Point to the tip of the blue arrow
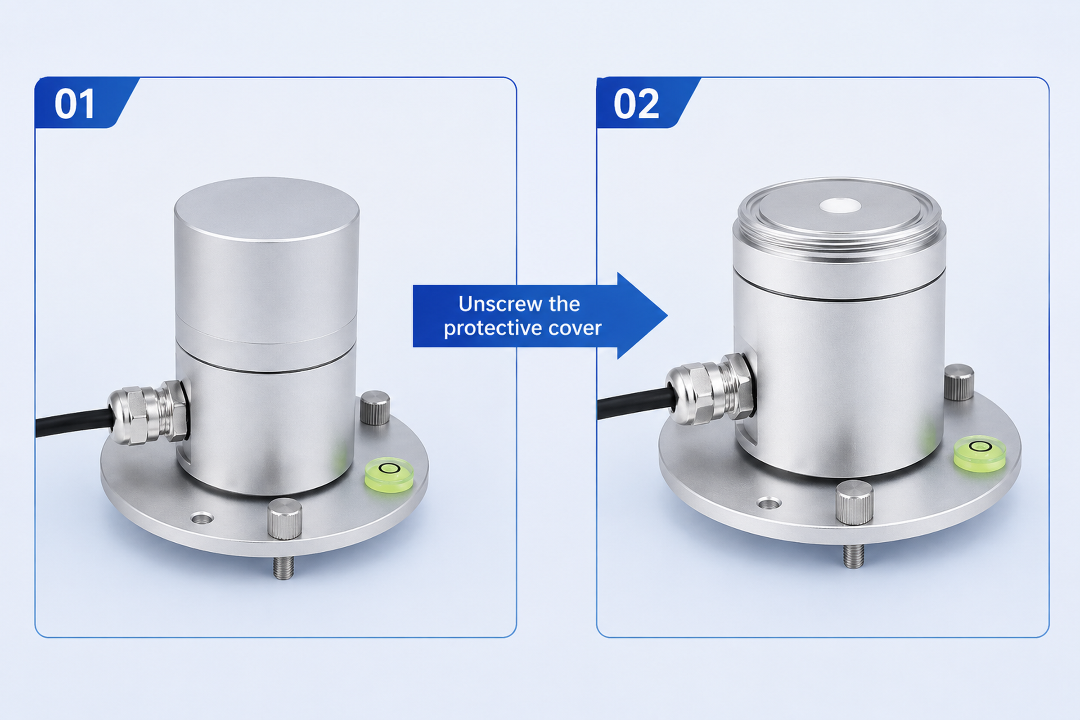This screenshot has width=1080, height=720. coord(667,315)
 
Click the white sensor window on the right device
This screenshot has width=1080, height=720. coord(840,205)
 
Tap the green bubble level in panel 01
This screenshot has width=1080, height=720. coord(389,474)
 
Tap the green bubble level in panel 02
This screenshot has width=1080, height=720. coord(980,453)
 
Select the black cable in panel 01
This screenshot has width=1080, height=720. coord(73,423)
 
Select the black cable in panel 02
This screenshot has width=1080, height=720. coord(636,403)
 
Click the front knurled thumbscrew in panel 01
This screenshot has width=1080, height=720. coord(285,518)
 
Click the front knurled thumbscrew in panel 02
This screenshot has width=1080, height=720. coord(855,503)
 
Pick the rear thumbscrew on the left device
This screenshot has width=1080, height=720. coord(375,407)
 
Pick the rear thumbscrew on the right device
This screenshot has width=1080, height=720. coord(959,382)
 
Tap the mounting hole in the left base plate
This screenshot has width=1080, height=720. coord(202,519)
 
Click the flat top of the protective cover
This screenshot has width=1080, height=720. coord(267,209)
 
